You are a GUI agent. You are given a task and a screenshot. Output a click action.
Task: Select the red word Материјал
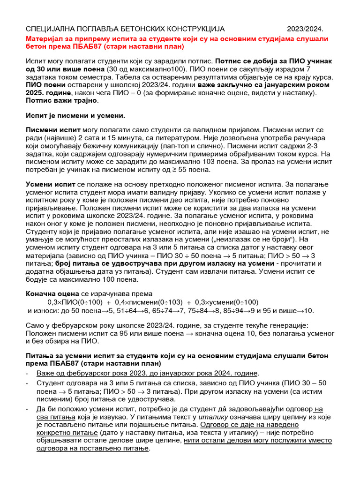coord(45,38)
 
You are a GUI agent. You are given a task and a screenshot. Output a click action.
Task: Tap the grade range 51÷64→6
coord(127,311)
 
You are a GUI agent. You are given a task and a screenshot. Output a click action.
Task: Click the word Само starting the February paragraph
coord(36,324)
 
